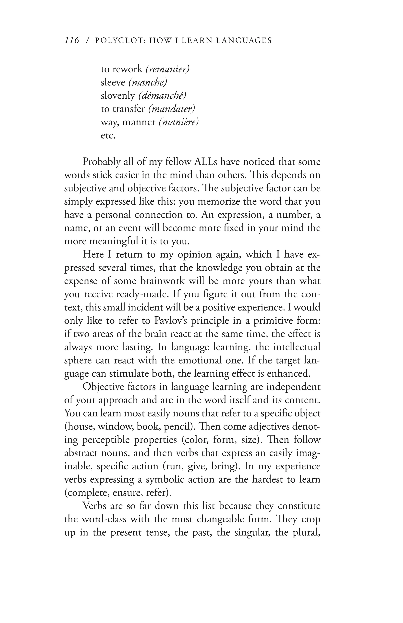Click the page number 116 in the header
tap(72, 41)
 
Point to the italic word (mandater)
tap(171, 109)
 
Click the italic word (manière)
tap(179, 122)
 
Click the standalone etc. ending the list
tap(108, 136)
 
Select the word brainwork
tap(163, 281)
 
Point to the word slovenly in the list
tap(118, 96)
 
